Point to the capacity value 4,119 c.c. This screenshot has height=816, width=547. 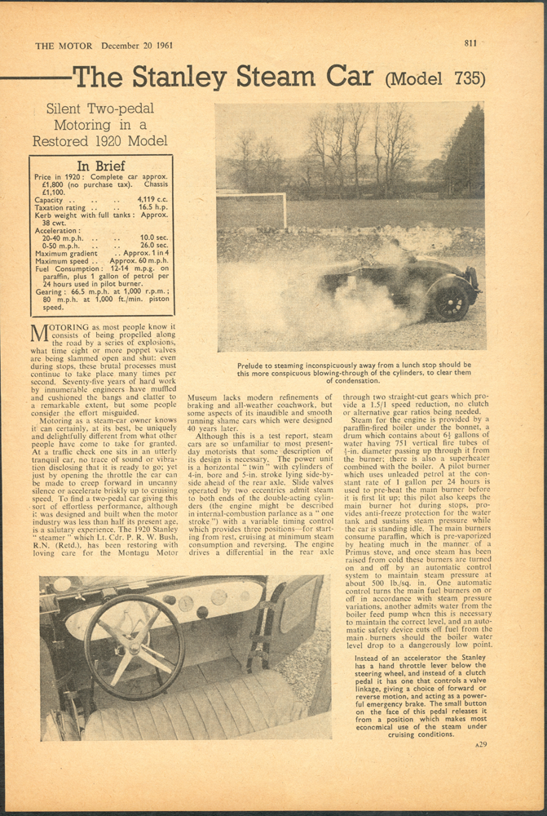(x=152, y=200)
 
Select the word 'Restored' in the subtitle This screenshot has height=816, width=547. (x=65, y=141)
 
